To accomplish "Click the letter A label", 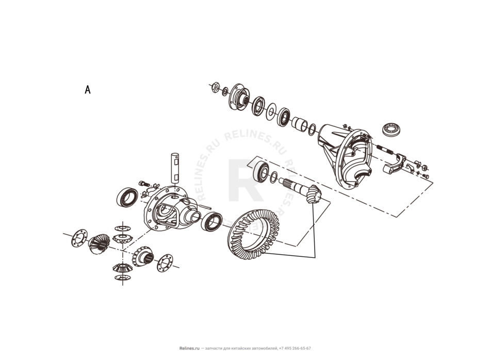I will (x=88, y=90).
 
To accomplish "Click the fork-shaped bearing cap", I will (x=395, y=163).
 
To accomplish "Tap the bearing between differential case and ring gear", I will (x=211, y=222).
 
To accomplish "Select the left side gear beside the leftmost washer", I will (x=99, y=244).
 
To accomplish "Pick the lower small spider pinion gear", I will (x=121, y=269).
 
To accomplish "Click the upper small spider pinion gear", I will (x=122, y=238).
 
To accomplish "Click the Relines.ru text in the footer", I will (x=189, y=349).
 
